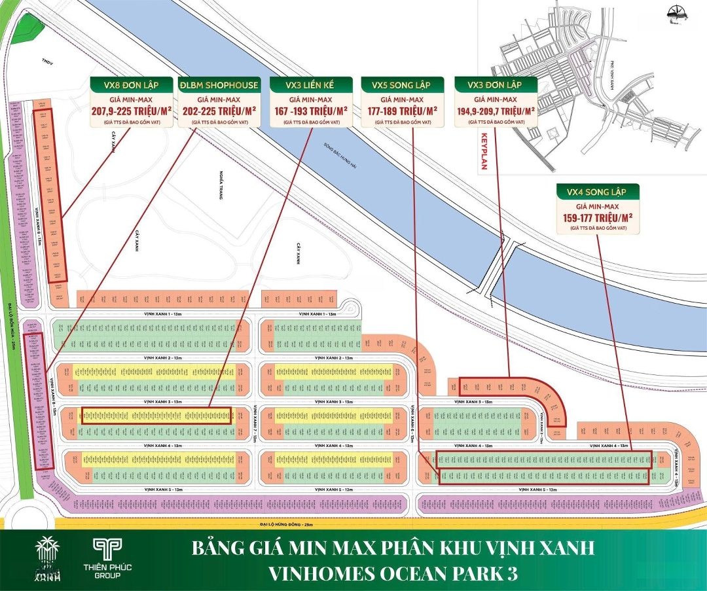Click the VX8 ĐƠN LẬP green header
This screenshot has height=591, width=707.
131,85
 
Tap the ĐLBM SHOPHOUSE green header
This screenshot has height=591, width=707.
219,85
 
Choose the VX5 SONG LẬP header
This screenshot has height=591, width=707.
402,85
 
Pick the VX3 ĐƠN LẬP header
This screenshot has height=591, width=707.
496,85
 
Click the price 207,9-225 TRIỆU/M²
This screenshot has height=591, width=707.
131,111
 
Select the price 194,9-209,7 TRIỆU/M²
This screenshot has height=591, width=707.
496,111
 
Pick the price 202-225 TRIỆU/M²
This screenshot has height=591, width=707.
219,111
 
